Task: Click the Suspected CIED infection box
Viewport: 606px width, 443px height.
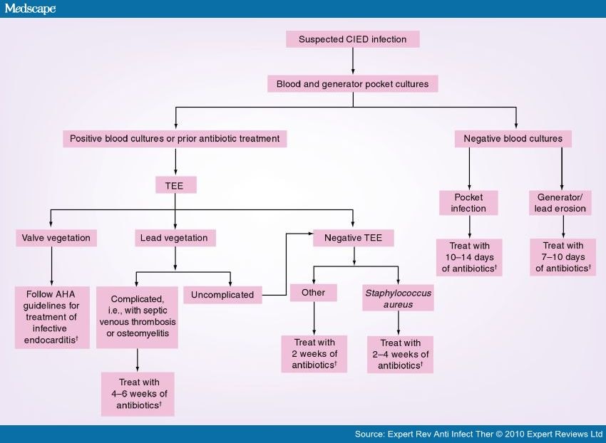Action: [x=352, y=39]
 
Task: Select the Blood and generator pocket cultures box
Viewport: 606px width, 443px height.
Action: [x=353, y=84]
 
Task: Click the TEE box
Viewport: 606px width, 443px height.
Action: [x=175, y=186]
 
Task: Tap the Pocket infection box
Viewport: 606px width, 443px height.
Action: [x=468, y=203]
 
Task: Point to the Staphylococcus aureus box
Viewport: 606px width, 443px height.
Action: [x=398, y=298]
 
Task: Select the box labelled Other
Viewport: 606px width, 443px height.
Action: [x=313, y=293]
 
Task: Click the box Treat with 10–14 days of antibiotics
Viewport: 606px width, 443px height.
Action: [x=468, y=256]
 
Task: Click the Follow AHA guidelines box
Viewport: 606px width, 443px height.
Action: [x=51, y=317]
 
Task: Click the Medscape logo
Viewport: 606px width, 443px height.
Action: [x=29, y=9]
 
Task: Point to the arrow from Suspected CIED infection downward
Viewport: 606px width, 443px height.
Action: [x=353, y=61]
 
